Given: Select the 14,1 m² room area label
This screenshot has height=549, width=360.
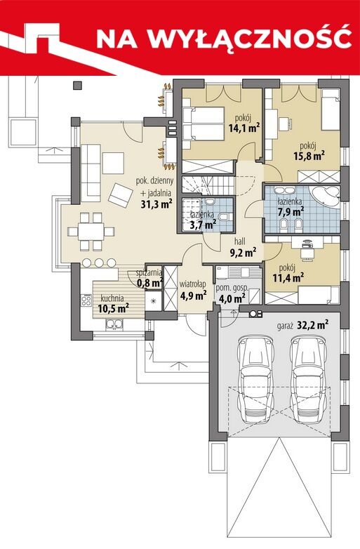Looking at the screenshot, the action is click(244, 128).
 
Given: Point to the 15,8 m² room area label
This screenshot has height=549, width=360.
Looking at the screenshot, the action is click(308, 155).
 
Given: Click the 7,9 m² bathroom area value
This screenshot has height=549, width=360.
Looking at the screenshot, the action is click(291, 212).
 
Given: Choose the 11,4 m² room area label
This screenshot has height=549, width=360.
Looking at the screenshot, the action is click(288, 278).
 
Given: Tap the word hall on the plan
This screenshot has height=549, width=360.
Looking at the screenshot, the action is click(240, 242).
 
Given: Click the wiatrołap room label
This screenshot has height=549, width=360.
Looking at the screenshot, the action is click(193, 283).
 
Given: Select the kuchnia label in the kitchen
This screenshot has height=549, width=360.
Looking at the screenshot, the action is click(112, 298).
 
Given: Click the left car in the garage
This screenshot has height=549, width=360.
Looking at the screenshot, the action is click(255, 379).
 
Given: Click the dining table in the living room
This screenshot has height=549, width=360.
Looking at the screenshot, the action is click(91, 231).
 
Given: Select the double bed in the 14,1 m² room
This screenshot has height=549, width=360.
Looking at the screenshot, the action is click(203, 124).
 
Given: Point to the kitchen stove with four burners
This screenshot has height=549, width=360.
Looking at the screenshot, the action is click(86, 300).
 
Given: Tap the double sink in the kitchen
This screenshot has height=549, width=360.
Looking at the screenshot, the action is click(114, 325).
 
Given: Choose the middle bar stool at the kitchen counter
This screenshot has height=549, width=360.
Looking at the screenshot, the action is click(99, 263).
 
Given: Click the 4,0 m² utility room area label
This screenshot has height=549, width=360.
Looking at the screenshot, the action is click(232, 298).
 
